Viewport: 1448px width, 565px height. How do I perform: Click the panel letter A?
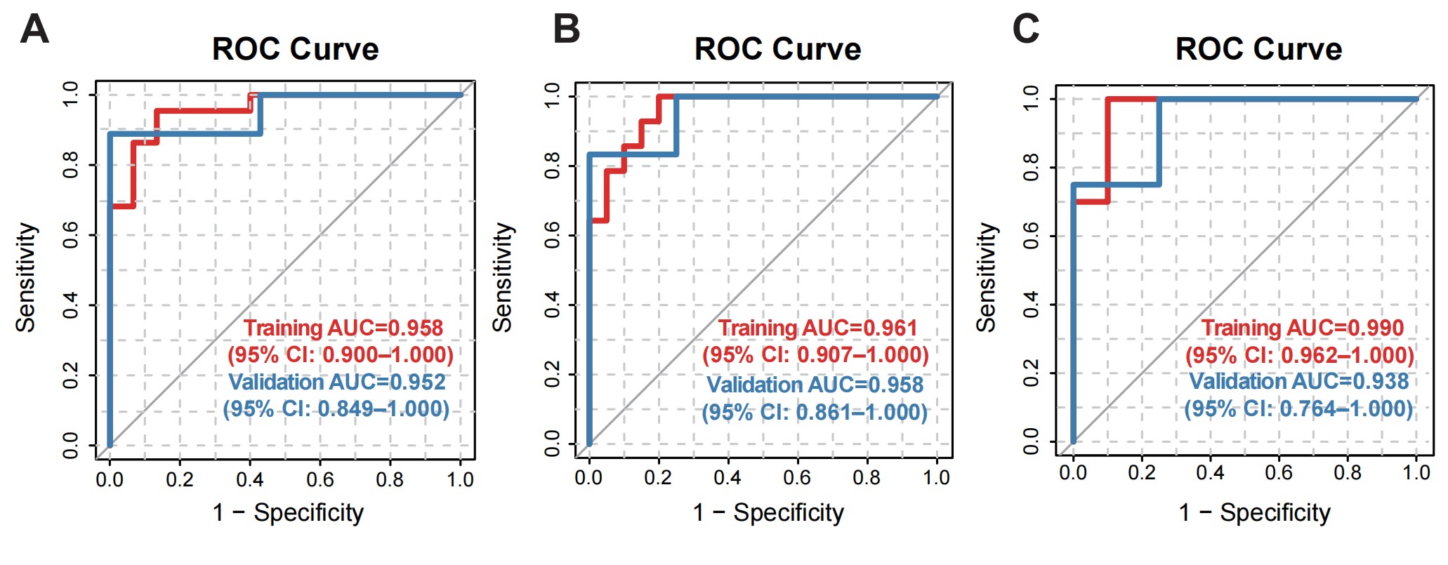click(x=34, y=29)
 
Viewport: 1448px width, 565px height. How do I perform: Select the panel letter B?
click(x=566, y=29)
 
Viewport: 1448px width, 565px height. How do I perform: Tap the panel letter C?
click(x=1025, y=29)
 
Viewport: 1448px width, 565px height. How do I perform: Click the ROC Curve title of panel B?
click(x=777, y=49)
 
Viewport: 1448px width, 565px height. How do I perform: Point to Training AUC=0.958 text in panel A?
click(x=343, y=328)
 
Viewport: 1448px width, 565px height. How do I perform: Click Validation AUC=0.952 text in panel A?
click(x=337, y=382)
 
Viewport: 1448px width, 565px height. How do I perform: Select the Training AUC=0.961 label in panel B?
click(x=817, y=328)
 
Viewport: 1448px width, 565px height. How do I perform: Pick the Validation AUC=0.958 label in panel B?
click(x=815, y=385)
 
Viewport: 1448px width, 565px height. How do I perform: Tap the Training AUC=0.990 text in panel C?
click(x=1302, y=328)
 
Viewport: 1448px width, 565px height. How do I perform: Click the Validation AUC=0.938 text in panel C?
click(x=1298, y=381)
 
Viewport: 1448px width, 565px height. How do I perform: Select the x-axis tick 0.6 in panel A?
click(x=320, y=480)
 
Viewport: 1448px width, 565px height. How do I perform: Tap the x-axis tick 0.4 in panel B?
click(x=728, y=478)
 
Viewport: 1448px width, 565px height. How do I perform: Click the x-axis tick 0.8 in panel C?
click(x=1347, y=472)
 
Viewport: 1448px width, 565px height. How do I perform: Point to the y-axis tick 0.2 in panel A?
click(x=71, y=375)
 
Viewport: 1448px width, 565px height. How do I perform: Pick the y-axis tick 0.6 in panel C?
click(x=1031, y=236)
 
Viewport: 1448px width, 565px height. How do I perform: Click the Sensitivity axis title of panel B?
click(x=502, y=277)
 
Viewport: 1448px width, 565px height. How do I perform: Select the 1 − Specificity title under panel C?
click(x=1254, y=512)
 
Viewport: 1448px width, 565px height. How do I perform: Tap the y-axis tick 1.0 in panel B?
click(x=553, y=95)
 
